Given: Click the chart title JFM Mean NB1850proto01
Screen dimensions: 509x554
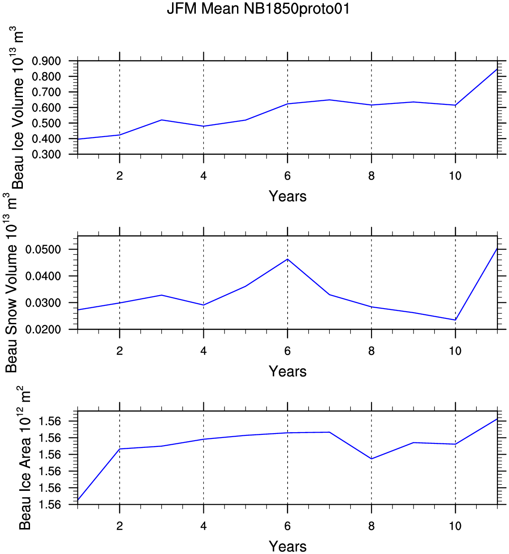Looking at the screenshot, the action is tap(258, 9).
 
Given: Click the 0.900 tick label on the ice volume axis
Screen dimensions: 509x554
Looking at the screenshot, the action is tap(46, 61).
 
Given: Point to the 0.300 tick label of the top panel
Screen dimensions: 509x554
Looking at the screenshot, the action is tap(46, 155).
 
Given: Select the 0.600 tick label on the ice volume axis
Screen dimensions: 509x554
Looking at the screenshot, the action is tap(46, 107).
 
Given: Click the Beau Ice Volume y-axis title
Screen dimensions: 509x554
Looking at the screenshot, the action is tap(17, 107).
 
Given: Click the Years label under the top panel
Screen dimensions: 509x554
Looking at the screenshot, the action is tap(288, 196).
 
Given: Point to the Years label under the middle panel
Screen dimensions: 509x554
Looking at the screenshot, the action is tap(288, 371).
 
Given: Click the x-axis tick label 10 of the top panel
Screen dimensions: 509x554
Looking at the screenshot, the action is tap(455, 176).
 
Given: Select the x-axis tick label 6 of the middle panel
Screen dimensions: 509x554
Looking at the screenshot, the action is tap(288, 351).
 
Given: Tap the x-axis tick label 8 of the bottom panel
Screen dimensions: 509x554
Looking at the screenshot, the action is tap(371, 526).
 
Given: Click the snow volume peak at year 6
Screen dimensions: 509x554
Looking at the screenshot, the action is tap(288, 259).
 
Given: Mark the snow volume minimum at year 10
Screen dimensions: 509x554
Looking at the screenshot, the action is tap(455, 320).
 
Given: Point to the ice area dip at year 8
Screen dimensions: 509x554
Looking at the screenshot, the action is tap(371, 459).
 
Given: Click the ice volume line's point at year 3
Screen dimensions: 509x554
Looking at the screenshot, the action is tap(162, 120).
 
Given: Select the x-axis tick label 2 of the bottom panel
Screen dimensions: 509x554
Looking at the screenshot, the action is tap(119, 526).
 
